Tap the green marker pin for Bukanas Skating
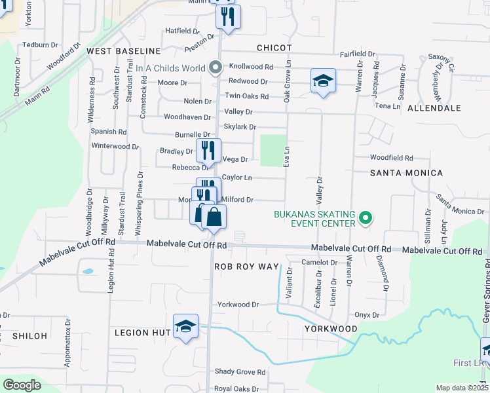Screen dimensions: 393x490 click(366, 218)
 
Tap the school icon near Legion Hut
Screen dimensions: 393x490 click(185, 326)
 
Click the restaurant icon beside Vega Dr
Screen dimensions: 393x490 click(208, 151)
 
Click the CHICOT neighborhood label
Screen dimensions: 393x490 click(273, 48)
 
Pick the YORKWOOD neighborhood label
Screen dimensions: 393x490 click(331, 329)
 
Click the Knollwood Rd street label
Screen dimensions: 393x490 click(251, 67)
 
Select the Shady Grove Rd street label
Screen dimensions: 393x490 click(240, 373)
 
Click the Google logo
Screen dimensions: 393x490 click(22, 385)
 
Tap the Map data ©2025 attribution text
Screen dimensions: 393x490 click(461, 388)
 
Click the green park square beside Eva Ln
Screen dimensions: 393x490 click(274, 151)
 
